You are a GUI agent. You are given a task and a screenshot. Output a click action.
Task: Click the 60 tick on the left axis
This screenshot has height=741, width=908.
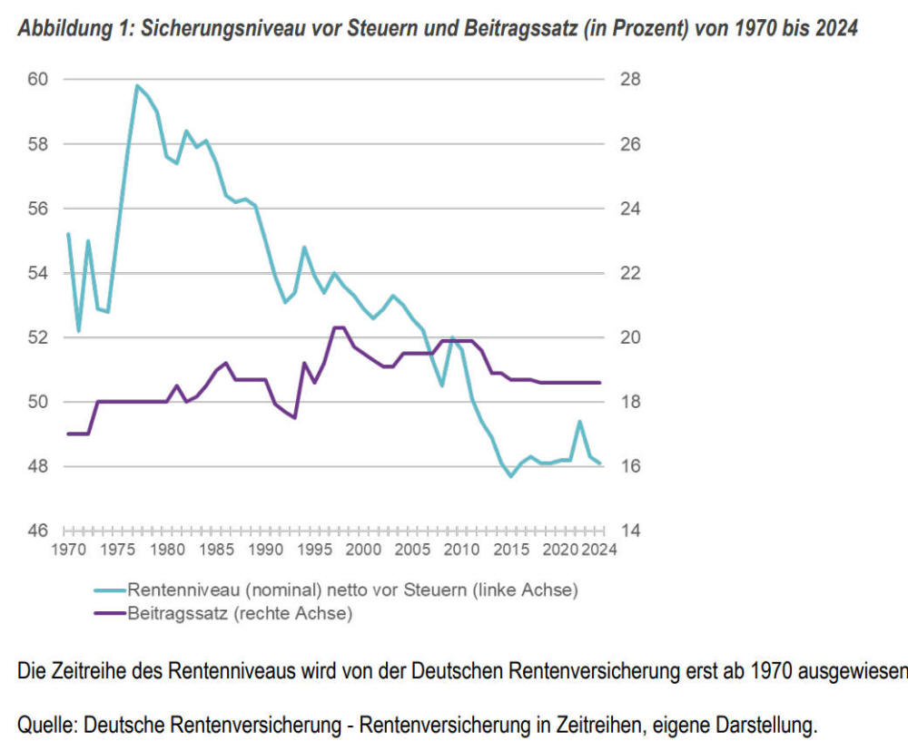38,80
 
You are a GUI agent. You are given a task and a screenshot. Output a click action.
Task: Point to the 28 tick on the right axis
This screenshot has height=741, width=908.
631,80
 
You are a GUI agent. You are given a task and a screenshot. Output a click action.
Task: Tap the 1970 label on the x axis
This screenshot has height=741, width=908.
67,551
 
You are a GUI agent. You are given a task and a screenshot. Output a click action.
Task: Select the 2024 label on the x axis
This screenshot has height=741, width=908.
598,551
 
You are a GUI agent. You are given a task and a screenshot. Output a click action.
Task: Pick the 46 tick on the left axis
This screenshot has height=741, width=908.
38,531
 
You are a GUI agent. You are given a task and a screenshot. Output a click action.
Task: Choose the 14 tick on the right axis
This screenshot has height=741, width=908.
631,531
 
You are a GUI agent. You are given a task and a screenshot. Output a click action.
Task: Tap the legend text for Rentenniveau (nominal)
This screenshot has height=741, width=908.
352,590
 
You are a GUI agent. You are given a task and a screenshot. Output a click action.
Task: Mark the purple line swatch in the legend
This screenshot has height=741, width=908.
110,614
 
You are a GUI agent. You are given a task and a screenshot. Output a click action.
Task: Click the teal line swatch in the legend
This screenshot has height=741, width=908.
110,590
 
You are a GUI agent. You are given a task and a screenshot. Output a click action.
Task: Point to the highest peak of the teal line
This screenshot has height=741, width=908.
137,85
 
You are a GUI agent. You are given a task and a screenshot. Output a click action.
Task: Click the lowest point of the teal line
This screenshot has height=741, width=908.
511,476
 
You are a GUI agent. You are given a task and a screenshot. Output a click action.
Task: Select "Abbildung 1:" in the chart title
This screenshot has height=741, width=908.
74,29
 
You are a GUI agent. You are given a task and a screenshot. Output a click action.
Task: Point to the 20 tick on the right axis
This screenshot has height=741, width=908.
631,337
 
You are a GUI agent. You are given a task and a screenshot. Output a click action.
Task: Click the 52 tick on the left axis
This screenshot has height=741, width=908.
38,337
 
